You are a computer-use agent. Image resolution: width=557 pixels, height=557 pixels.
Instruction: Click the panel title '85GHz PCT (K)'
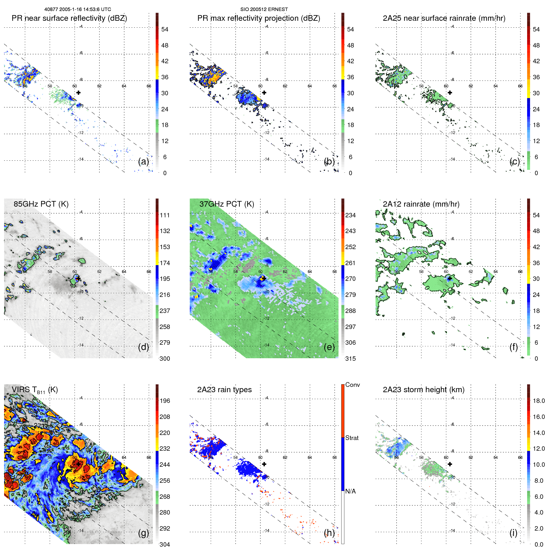41,204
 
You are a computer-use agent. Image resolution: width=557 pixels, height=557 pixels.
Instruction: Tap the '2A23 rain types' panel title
224,390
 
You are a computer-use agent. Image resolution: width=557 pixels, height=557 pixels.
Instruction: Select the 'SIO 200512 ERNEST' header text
264,9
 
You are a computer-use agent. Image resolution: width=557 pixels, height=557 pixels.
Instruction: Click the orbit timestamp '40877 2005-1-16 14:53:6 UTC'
78,9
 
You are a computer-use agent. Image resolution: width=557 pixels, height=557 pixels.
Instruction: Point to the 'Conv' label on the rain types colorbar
352,385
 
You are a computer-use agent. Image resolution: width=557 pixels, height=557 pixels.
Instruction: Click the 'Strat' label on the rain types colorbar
352,438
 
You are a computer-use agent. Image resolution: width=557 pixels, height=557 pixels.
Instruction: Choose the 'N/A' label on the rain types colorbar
350,491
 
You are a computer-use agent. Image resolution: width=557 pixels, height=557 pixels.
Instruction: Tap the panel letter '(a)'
143,162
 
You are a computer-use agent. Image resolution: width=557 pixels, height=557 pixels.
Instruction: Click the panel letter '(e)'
329,347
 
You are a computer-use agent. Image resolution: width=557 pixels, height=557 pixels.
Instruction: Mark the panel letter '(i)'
513,533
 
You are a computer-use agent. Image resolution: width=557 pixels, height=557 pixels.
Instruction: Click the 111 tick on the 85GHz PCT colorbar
165,215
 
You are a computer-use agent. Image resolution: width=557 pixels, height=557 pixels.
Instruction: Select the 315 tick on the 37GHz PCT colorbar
350,359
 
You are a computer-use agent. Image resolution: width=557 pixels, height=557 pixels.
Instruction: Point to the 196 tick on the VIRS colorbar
165,401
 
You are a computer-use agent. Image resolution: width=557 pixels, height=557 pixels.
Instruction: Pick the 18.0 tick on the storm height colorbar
538,401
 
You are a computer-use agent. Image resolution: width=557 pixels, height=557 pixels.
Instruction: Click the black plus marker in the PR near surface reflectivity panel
78,93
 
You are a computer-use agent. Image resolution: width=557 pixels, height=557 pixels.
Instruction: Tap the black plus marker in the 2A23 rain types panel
264,464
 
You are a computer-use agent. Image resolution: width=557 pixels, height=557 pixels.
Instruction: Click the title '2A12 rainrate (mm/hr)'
421,204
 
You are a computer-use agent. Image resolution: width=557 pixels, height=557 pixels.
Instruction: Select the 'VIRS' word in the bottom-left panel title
21,390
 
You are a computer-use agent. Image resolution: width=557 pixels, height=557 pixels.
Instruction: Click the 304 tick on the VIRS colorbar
165,545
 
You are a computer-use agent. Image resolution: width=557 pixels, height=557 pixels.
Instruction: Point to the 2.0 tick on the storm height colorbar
538,529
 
